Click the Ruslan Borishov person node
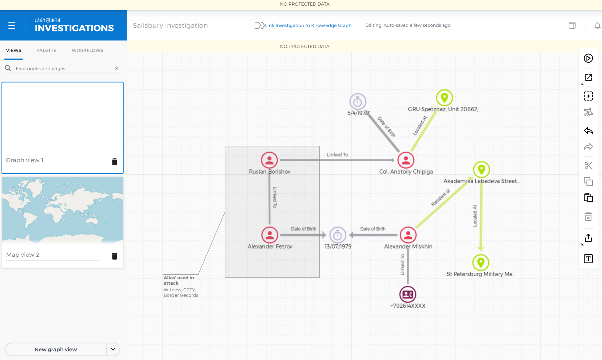coord(269,160)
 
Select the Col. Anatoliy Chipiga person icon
coord(406,160)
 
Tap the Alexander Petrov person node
coord(270,235)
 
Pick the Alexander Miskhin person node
coord(408,235)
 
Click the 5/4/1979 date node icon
coord(358,102)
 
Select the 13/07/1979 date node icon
coord(338,235)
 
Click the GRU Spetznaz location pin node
coord(444,98)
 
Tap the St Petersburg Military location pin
coord(481,262)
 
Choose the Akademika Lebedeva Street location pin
coord(481,170)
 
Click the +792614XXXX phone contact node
coord(408,294)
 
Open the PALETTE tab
coord(46,50)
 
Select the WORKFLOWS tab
coord(87,50)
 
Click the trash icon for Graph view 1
coord(115,161)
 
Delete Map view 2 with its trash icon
coord(115,256)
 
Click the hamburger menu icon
coord(12,26)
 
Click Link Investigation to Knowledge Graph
coord(308,25)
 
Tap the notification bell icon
coord(597,26)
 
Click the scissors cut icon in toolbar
coord(588,166)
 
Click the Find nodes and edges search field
coord(63,68)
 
